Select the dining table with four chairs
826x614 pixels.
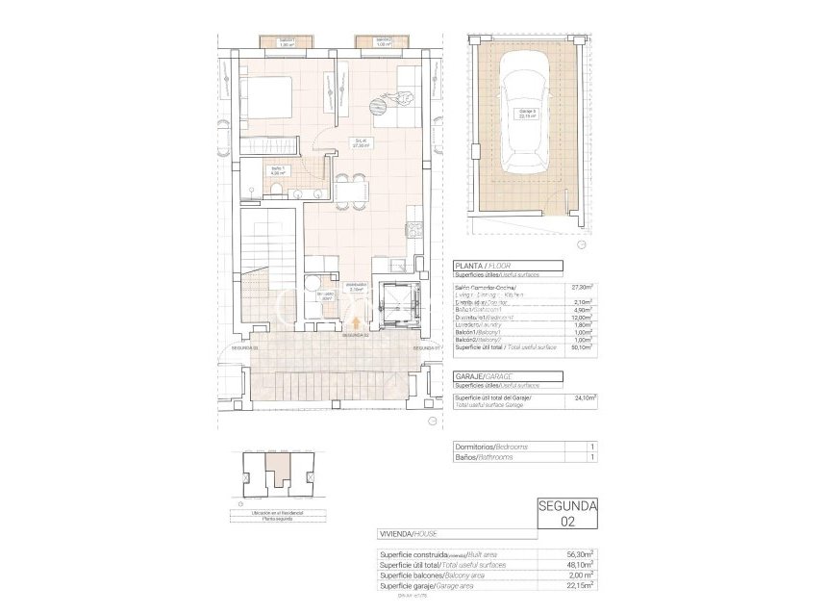coord(352,190)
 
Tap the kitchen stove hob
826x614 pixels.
coord(415,229)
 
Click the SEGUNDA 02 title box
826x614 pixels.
coord(567,513)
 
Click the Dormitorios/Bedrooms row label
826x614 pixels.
coord(491,447)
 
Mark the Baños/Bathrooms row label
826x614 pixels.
coord(486,457)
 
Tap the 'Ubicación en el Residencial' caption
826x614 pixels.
coord(278,512)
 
